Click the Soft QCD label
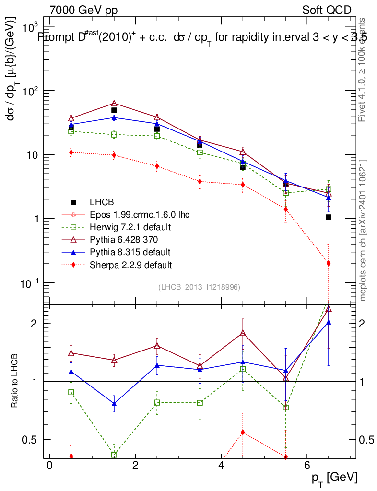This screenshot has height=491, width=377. click(327, 10)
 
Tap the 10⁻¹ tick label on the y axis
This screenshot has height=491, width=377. click(31, 283)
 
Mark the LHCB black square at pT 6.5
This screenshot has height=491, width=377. click(329, 217)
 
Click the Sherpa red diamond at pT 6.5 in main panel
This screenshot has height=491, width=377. click(329, 263)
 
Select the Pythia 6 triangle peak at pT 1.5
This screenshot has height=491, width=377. click(114, 104)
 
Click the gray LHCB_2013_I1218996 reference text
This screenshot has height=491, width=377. click(199, 287)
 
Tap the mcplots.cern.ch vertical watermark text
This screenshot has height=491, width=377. click(363, 230)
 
